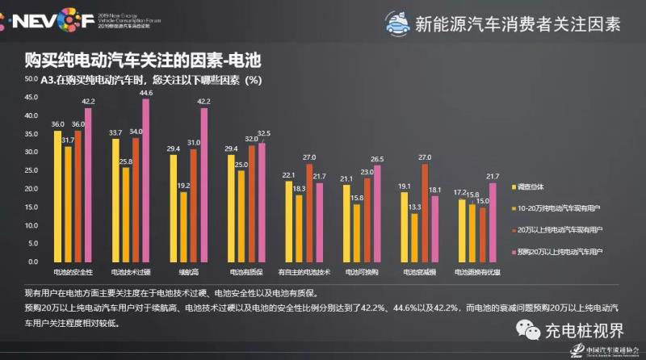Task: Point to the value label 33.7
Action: [115, 132]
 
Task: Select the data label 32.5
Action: [263, 133]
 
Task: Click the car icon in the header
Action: [395, 23]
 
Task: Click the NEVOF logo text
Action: [48, 19]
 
